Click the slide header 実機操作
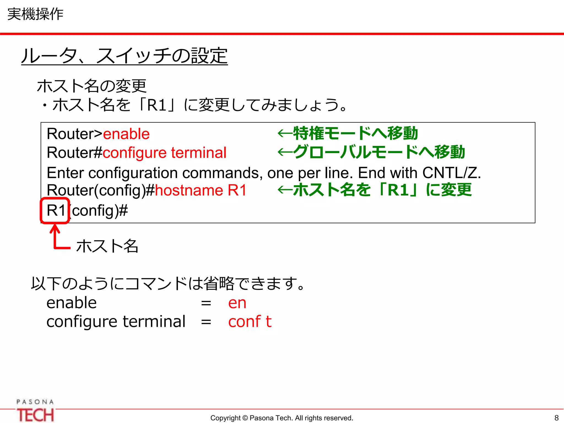coord(35,14)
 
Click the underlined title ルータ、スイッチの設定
coord(124,56)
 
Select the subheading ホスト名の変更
coord(91,86)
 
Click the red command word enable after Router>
coord(126,134)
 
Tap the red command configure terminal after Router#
coord(164,153)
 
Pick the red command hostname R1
coord(201,190)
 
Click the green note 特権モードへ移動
coord(355,134)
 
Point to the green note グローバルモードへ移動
coord(379,152)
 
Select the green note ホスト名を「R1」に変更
coord(382,190)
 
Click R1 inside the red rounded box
coord(56,211)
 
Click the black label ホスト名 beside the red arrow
coord(107,246)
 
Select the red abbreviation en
coord(237,303)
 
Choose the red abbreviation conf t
coord(250,322)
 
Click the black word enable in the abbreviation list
coord(72,303)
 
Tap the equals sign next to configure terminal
coord(206,322)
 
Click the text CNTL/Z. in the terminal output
coord(451,173)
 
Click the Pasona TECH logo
coord(35,411)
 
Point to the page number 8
coord(556,418)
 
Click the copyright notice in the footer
coord(281,418)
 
